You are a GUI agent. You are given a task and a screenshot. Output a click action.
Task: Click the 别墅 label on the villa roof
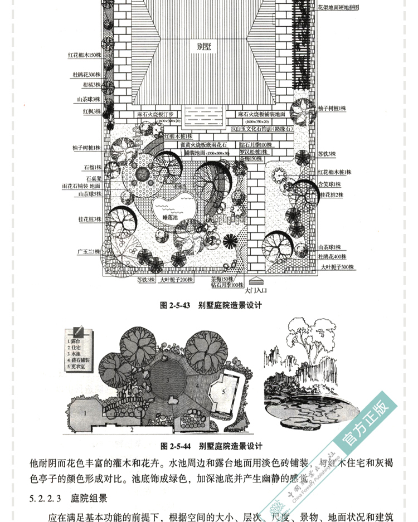203,47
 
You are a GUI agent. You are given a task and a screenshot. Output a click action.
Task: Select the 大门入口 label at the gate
257,290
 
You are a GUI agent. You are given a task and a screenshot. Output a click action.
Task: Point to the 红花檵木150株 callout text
84,55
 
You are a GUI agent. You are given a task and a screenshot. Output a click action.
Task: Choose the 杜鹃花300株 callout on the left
86,74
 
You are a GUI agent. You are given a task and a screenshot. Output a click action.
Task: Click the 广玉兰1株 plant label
89,252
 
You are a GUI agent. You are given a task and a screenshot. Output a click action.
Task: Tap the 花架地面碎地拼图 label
338,8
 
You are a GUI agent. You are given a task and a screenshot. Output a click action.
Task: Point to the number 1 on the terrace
85,412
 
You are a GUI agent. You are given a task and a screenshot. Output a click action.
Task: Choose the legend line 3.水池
75,354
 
